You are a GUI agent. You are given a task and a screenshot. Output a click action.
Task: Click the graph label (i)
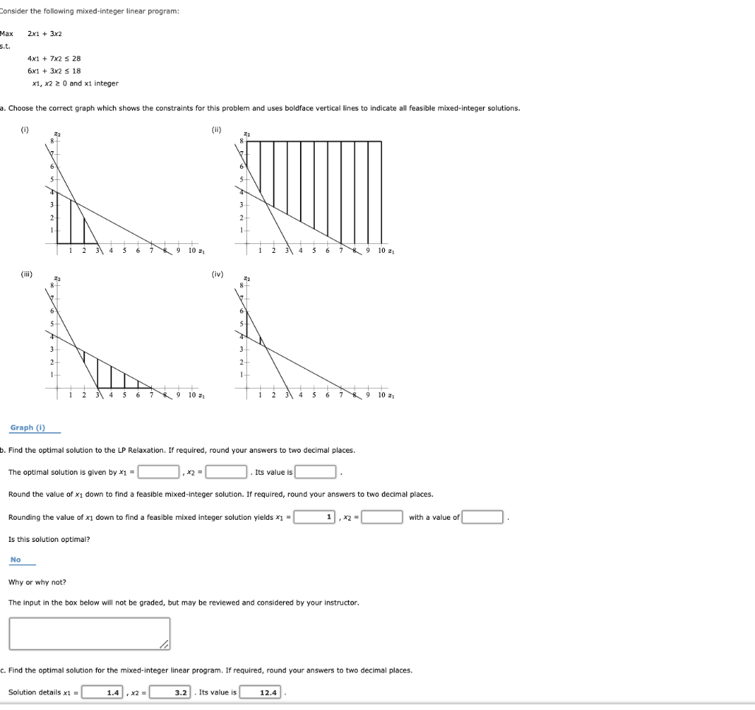point(25,130)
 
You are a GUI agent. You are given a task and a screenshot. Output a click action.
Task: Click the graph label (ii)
point(215,130)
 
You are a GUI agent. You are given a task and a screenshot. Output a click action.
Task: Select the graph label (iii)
point(25,274)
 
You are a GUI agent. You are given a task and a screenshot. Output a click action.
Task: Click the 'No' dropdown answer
point(16,560)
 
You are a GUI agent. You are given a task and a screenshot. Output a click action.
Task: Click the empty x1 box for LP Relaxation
point(159,472)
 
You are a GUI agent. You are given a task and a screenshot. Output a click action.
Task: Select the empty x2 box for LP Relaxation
point(226,472)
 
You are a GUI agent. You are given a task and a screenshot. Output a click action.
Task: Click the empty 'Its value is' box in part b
point(316,472)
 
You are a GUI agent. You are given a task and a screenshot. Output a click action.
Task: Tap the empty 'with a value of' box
point(483,517)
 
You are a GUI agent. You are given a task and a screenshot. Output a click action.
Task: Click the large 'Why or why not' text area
point(89,633)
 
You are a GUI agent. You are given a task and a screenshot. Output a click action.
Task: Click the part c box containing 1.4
point(103,692)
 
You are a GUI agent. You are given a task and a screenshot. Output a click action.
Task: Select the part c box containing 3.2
point(171,692)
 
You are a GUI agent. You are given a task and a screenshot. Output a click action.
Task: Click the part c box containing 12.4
point(260,692)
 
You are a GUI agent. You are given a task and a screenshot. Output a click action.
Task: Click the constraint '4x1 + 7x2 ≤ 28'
point(54,58)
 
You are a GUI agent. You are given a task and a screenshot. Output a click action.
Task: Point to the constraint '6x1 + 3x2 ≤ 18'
point(54,71)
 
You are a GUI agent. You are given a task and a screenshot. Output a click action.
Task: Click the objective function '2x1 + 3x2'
point(45,34)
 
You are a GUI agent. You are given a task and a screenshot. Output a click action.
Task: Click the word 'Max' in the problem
point(7,34)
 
